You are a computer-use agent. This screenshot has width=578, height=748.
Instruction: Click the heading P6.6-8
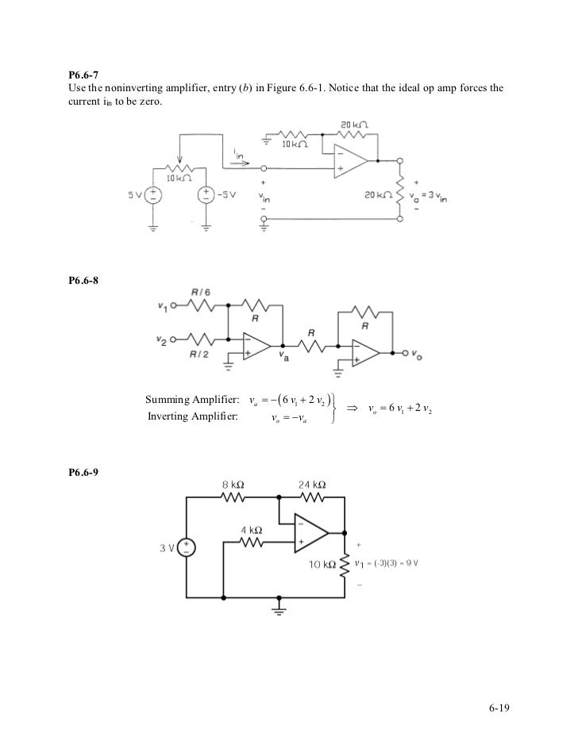[x=83, y=280]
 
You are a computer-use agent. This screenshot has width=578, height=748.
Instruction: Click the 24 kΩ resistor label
[x=311, y=484]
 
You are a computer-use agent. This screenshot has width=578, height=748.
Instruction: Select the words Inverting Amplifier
[x=193, y=416]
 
